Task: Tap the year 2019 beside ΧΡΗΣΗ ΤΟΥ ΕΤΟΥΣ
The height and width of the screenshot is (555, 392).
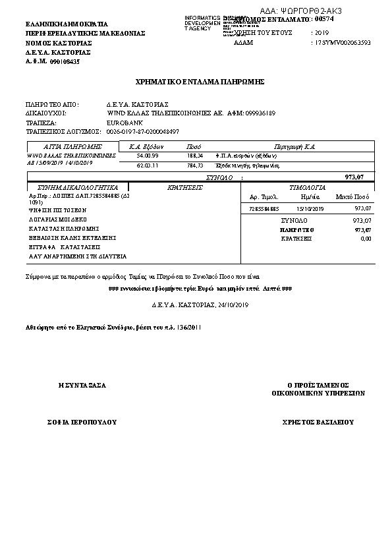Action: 322,32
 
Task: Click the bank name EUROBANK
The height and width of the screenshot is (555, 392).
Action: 125,123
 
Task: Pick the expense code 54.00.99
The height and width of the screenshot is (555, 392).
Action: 147,156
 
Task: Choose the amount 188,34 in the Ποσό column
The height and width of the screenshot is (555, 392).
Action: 194,156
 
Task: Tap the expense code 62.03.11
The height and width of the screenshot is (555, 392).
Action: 147,165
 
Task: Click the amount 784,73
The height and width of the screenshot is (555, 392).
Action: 194,165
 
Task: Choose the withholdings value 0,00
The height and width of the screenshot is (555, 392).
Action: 366,239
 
